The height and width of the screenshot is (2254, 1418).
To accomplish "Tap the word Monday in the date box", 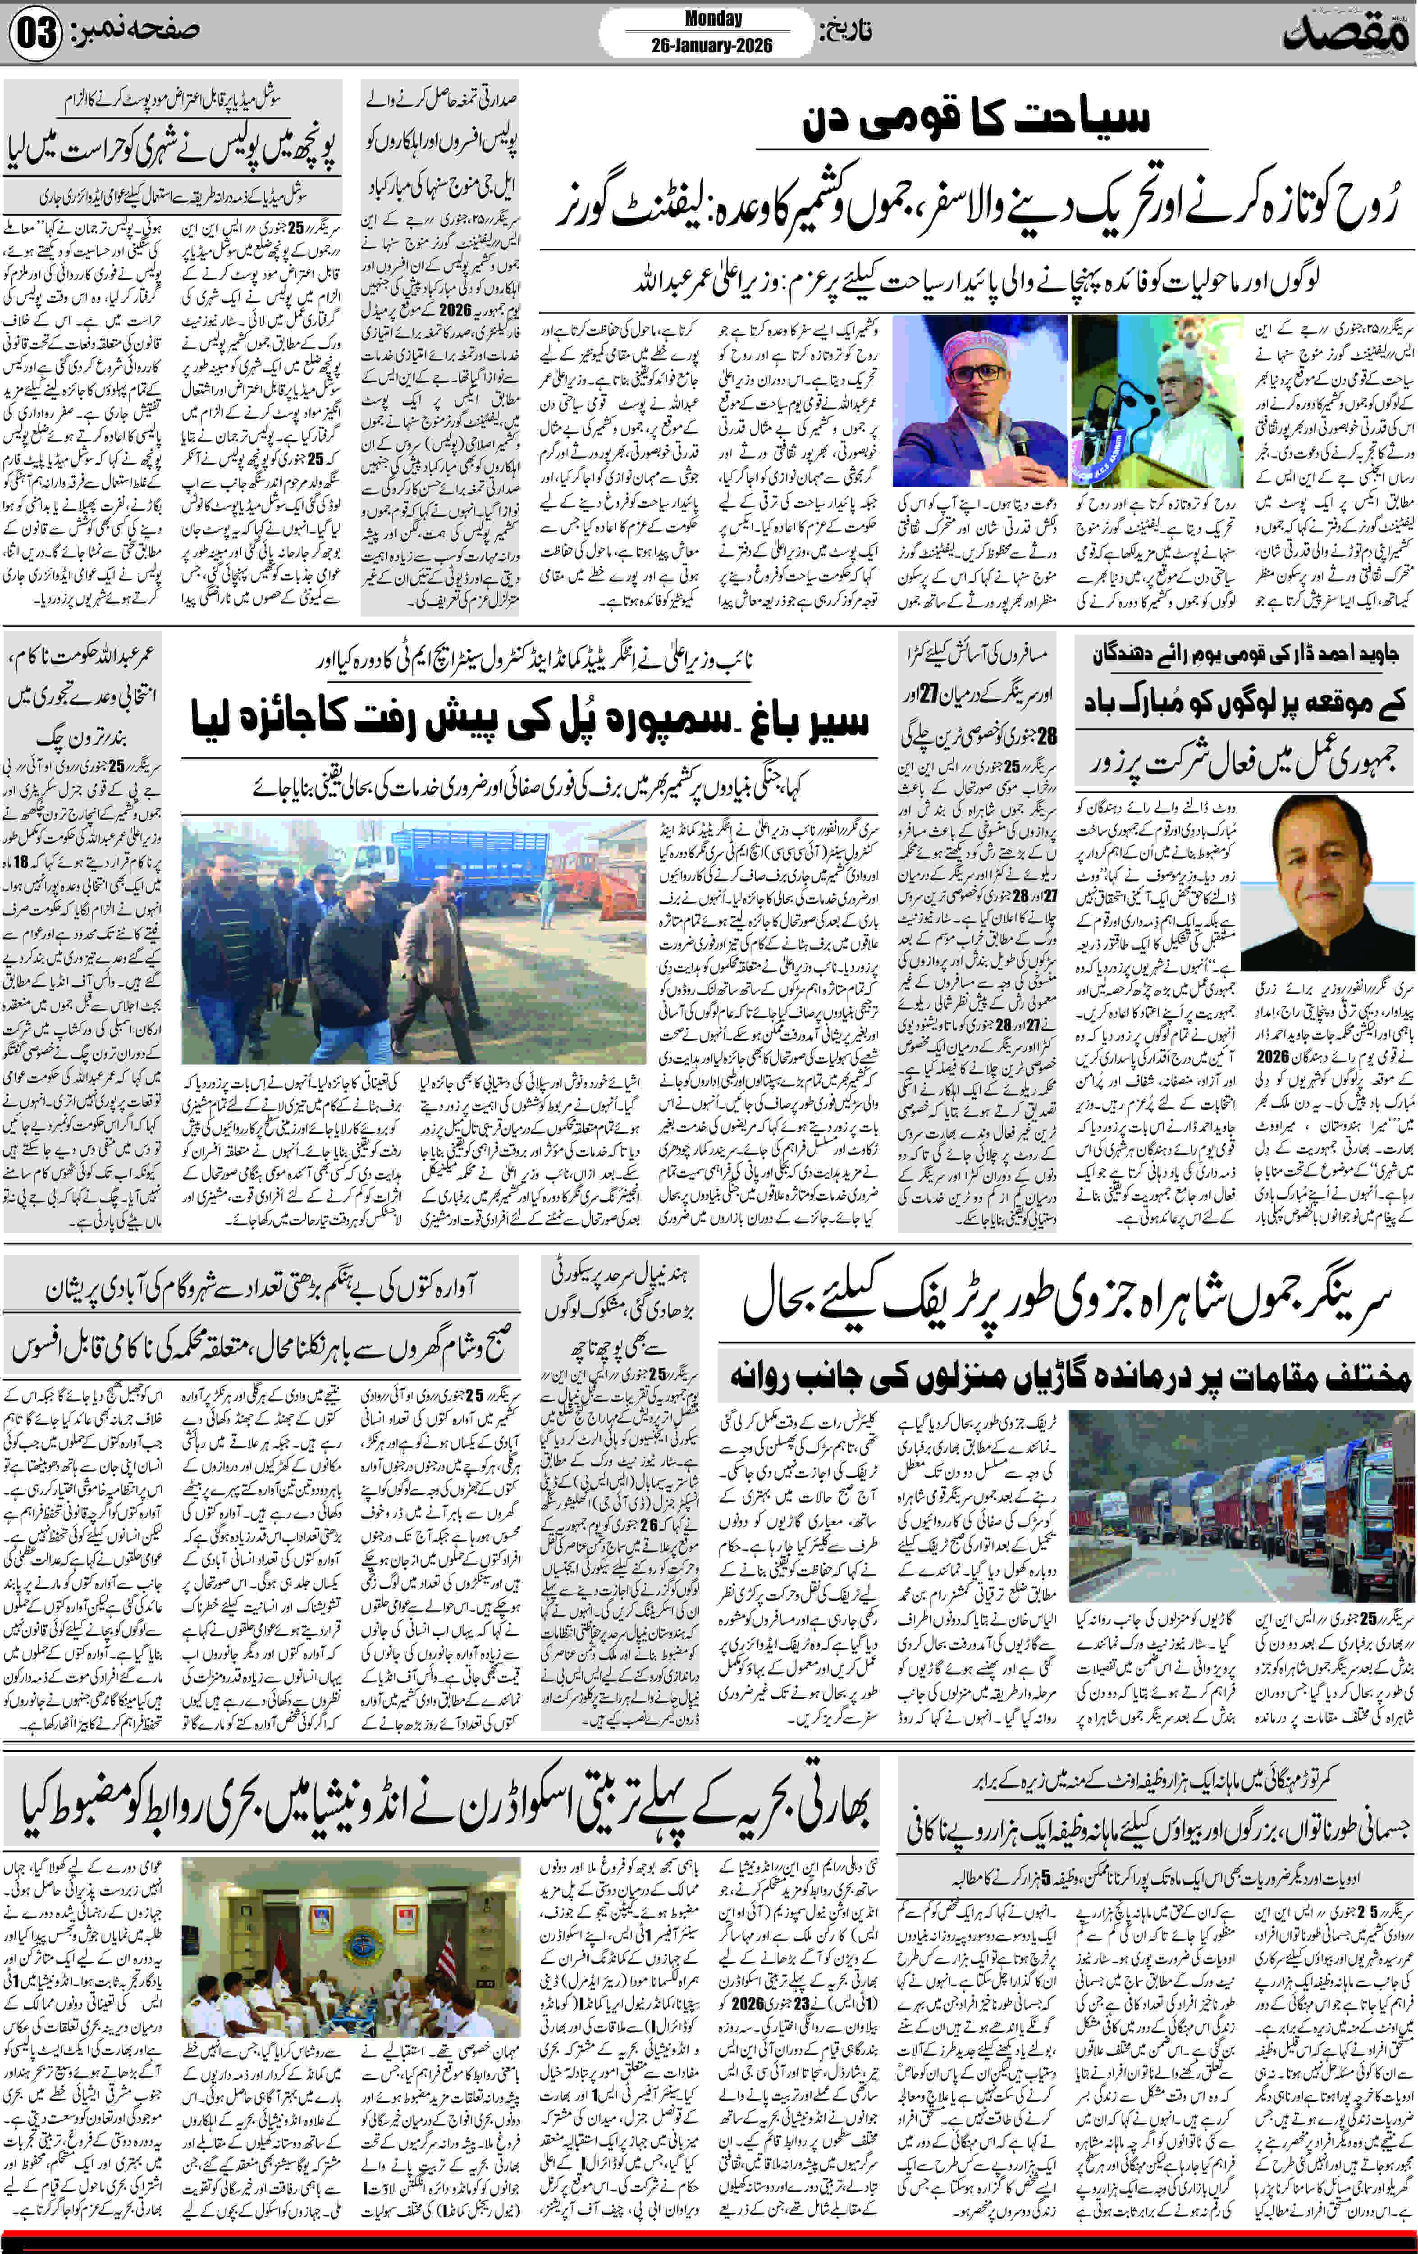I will click(x=713, y=19).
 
